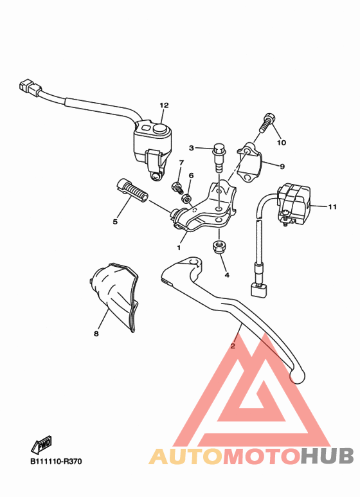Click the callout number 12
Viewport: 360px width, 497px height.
coord(164,105)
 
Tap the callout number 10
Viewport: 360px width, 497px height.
coord(281,142)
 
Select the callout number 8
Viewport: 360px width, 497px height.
coord(96,334)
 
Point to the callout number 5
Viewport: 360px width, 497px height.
coord(115,222)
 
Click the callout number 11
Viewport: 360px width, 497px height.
coord(332,207)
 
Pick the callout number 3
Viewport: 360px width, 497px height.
coord(192,148)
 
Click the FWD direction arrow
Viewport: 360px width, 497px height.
coord(43,444)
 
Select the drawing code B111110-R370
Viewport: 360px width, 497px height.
coord(56,461)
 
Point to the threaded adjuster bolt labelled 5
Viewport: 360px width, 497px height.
coord(131,191)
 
